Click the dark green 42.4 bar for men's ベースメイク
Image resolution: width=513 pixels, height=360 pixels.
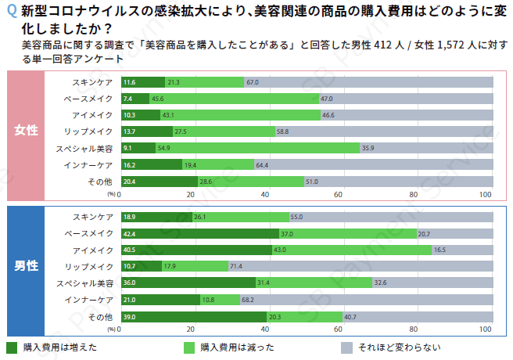(199, 233)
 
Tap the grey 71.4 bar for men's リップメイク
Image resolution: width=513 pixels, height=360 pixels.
(361, 266)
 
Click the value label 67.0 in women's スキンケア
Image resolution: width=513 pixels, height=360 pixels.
(253, 82)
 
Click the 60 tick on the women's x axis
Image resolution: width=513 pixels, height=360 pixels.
(339, 194)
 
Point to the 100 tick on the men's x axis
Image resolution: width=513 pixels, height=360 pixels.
(485, 329)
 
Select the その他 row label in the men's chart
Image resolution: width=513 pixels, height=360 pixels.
(100, 316)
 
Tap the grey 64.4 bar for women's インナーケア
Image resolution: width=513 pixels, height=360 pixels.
(374, 164)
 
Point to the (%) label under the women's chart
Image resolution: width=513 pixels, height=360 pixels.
(112, 194)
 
